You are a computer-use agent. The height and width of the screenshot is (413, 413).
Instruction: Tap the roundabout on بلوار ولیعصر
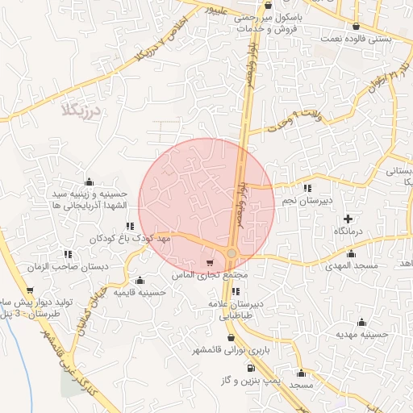[232, 253]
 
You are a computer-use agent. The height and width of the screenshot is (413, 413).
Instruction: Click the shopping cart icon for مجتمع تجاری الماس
[211, 263]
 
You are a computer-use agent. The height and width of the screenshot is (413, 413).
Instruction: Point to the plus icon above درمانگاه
[348, 219]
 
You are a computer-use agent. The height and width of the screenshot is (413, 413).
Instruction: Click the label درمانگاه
[350, 232]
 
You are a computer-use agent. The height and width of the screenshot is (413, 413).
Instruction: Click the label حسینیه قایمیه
[140, 292]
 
